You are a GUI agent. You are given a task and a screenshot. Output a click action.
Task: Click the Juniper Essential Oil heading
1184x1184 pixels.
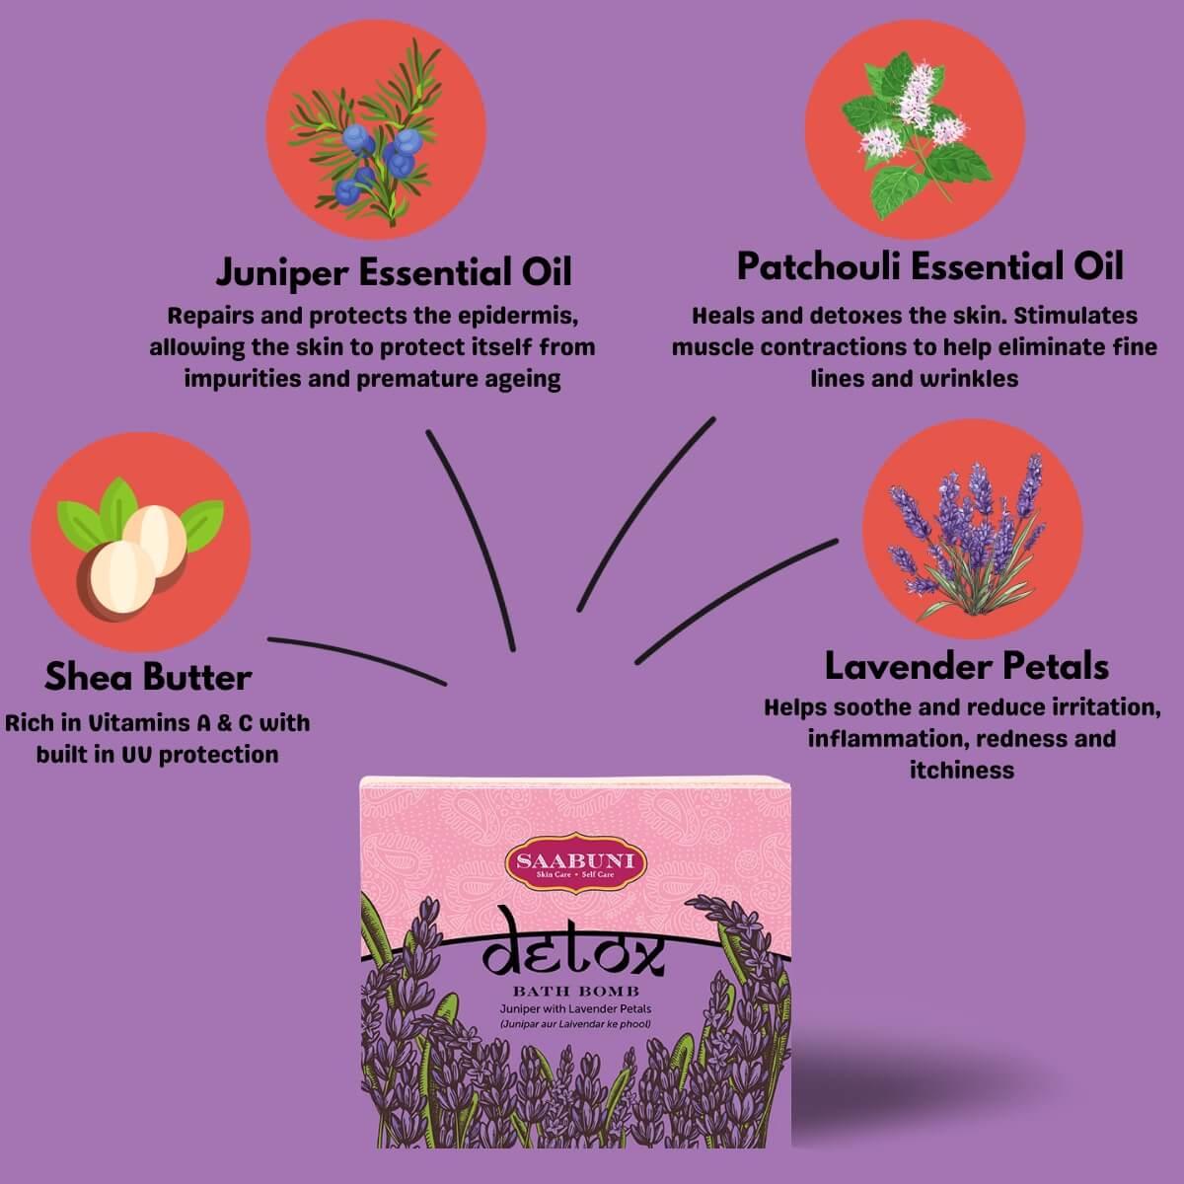(x=394, y=272)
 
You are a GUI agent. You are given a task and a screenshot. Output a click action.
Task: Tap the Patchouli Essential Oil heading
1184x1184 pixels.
(x=930, y=267)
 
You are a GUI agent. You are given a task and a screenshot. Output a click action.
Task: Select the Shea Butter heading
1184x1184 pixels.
(x=149, y=678)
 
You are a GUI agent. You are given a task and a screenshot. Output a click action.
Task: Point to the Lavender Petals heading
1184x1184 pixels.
(x=967, y=667)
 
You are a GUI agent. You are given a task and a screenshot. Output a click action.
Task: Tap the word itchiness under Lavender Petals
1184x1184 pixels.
(x=962, y=770)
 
